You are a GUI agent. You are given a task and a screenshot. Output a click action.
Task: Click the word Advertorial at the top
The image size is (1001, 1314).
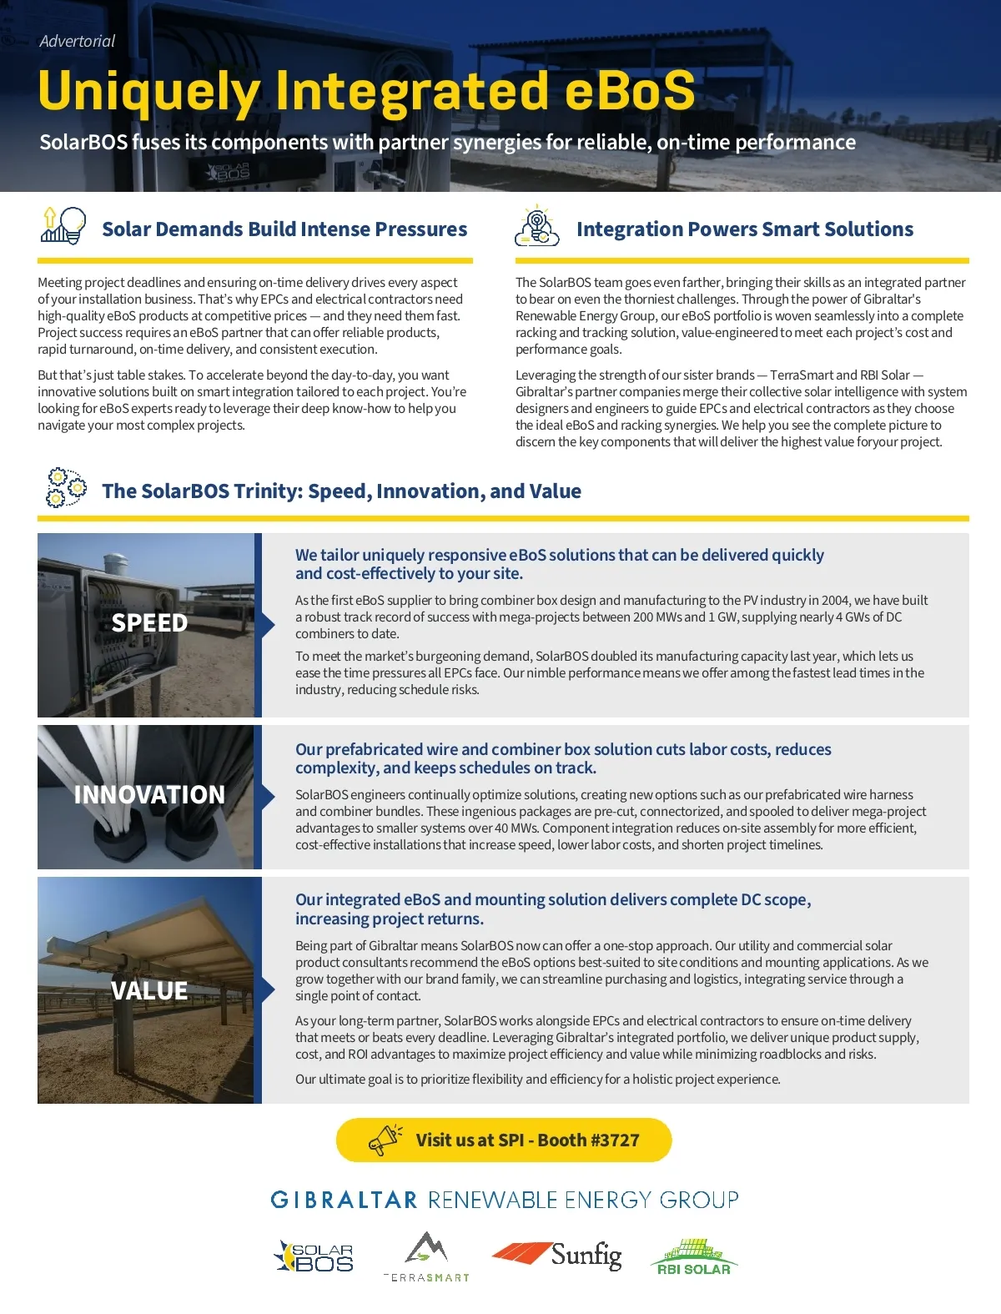(x=77, y=41)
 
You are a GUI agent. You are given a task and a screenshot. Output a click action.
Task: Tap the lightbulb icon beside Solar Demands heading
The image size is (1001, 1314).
(x=63, y=226)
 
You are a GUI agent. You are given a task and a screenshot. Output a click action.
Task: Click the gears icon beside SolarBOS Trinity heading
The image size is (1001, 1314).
(x=66, y=488)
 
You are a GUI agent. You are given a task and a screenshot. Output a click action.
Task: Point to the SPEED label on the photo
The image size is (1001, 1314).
(x=149, y=623)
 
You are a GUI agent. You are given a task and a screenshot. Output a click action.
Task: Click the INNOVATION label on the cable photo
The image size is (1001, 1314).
(x=149, y=794)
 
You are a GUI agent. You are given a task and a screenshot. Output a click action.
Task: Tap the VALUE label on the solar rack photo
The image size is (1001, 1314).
(x=149, y=990)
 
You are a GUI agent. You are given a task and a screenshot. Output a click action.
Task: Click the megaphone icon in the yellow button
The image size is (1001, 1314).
(x=385, y=1140)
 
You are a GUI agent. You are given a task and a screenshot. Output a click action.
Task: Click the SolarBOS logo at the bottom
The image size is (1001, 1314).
(x=314, y=1256)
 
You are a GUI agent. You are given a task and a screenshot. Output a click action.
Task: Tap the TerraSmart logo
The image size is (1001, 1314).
(x=426, y=1256)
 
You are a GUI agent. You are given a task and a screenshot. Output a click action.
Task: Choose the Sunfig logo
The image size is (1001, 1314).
(x=557, y=1255)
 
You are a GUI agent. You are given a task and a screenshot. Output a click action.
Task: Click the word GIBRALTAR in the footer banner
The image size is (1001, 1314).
(x=344, y=1200)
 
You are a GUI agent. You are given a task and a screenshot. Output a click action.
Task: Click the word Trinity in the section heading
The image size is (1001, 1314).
(x=267, y=491)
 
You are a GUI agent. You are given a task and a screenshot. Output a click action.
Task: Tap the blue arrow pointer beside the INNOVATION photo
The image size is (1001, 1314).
(x=268, y=797)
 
